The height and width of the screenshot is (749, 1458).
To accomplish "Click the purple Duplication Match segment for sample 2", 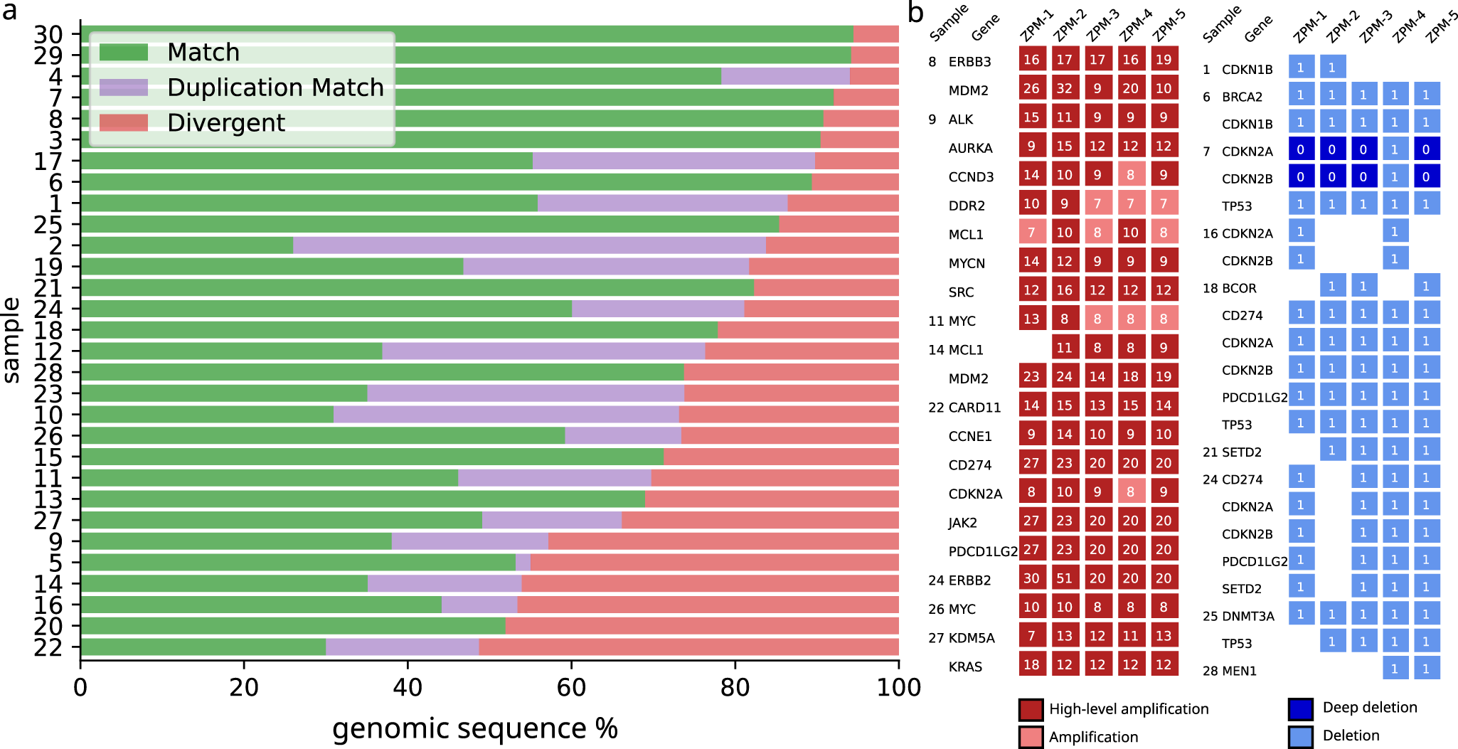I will [529, 245].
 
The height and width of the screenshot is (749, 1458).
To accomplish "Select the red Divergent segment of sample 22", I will [688, 647].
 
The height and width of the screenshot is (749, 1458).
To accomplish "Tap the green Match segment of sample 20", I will [293, 626].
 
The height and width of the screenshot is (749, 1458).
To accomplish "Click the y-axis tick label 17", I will [48, 161].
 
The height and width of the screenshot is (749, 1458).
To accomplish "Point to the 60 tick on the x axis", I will [571, 687].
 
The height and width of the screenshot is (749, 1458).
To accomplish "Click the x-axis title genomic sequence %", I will [474, 728].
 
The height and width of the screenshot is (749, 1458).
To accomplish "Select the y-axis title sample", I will [11, 339].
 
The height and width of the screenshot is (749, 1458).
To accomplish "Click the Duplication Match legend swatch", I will [124, 87].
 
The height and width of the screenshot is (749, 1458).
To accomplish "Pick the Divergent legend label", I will [225, 122].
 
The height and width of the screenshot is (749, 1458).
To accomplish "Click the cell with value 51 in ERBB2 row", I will [1064, 578].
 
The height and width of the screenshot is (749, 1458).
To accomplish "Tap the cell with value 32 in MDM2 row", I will [1064, 88].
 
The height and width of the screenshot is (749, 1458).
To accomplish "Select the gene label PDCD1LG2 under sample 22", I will [983, 551].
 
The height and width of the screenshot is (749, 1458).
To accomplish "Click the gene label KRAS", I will [965, 666].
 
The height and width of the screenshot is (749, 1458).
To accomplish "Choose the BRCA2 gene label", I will [1242, 97].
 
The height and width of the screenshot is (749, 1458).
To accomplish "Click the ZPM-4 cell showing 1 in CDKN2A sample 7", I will [1394, 149].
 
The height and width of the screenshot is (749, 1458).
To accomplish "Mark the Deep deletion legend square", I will [1300, 708].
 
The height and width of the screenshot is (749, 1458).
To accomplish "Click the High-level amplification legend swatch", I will [1031, 710].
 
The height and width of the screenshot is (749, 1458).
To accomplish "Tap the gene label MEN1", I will [1239, 670].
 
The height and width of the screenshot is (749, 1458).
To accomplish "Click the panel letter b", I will [916, 12].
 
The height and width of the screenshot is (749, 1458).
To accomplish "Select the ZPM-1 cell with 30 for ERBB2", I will [1031, 578].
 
